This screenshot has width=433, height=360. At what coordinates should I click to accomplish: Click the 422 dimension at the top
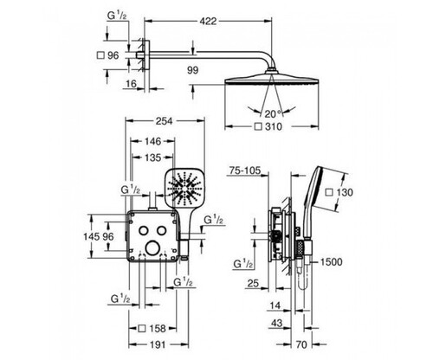pos(208,21)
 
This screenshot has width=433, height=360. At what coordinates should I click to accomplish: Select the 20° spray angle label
pos(273,114)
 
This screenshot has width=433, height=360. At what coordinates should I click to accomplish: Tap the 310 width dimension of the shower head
pos(268,126)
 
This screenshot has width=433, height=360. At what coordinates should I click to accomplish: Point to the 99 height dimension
pos(193,70)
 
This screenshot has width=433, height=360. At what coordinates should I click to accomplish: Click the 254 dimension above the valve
pos(164,121)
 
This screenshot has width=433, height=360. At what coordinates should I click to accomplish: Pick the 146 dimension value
pos(152,141)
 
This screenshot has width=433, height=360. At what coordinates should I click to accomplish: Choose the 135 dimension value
pos(152,157)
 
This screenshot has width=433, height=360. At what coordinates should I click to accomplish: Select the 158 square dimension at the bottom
pos(152,328)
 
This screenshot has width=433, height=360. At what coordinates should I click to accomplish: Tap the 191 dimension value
pos(158,344)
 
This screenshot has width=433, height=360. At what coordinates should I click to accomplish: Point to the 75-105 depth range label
pos(245,170)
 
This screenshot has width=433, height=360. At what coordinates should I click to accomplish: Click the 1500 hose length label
pos(332,262)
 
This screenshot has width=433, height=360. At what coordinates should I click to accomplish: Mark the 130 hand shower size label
pos(339,192)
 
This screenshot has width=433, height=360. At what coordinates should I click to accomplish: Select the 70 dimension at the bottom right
pos(301,344)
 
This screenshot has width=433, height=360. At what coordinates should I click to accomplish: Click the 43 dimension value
pos(276,324)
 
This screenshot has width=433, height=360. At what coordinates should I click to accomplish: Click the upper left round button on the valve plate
pos(143,230)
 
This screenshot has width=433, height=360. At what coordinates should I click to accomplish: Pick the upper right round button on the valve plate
pos(162,230)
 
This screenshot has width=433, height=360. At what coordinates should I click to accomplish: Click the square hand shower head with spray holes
pos(184,188)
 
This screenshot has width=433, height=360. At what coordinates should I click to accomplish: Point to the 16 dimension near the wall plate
pos(131,84)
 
